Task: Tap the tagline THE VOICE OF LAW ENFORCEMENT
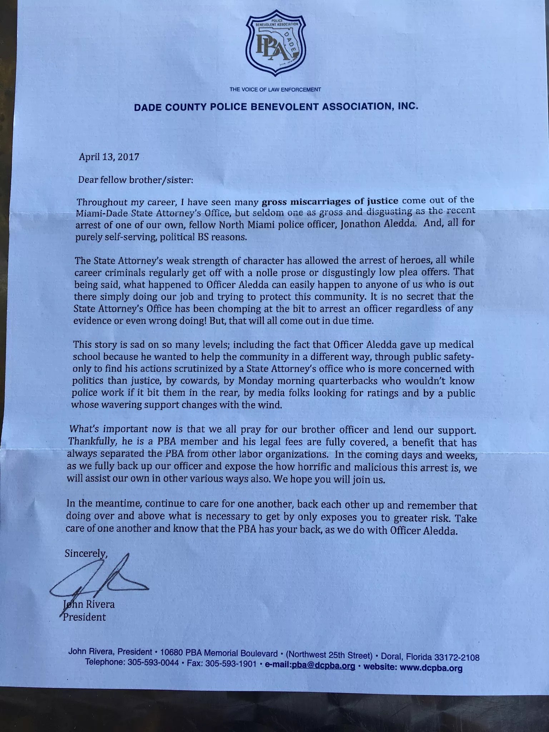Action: pos(275,90)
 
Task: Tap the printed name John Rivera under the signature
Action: pos(89,605)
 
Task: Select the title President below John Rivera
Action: pos(84,617)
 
